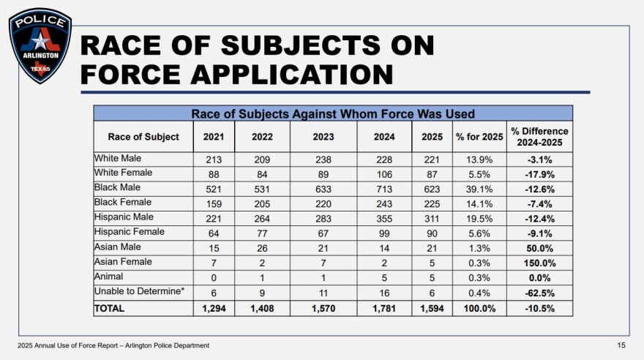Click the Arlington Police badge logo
click(x=40, y=45)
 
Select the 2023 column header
click(x=323, y=137)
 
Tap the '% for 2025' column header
click(x=479, y=137)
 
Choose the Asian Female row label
click(x=123, y=262)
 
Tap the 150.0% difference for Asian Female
click(x=539, y=263)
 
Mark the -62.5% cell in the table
click(x=539, y=293)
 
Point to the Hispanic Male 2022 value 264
click(x=262, y=218)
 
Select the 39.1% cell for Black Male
click(x=479, y=187)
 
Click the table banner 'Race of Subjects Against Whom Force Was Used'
click(x=333, y=113)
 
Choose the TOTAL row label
click(x=110, y=308)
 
